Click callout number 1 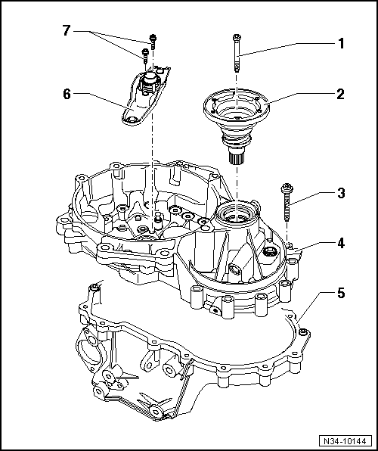point(341,43)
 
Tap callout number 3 point(341,193)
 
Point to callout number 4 point(341,243)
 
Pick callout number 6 point(66,94)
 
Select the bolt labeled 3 point(287,201)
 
